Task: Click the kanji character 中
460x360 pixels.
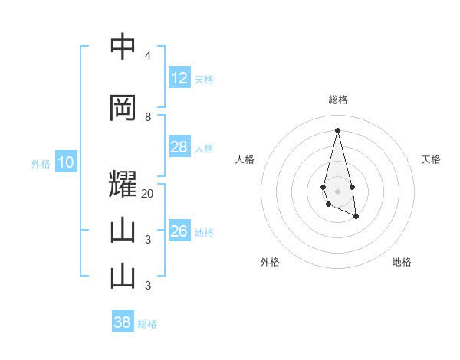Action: click(123, 47)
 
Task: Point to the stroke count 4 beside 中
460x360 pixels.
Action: click(148, 56)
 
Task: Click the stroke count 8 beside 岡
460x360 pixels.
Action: click(148, 116)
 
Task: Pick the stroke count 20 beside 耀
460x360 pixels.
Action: click(148, 194)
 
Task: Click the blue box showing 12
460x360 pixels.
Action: click(179, 78)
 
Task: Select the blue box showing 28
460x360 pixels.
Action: click(179, 147)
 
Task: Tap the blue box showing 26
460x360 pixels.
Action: click(179, 231)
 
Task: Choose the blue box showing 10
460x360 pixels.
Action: click(66, 162)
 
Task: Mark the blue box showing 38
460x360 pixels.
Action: click(122, 322)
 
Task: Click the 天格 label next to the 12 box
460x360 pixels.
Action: click(204, 79)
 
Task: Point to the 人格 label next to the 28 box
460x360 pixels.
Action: click(204, 148)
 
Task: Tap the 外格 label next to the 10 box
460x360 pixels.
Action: click(41, 163)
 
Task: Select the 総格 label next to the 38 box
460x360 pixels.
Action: click(147, 324)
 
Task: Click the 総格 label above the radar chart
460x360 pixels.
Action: click(337, 100)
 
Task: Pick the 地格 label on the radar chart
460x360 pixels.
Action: click(402, 262)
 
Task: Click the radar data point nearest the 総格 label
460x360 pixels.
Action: click(337, 130)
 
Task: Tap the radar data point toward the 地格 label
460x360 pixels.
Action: click(356, 218)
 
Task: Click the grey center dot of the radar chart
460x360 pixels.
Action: click(337, 190)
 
